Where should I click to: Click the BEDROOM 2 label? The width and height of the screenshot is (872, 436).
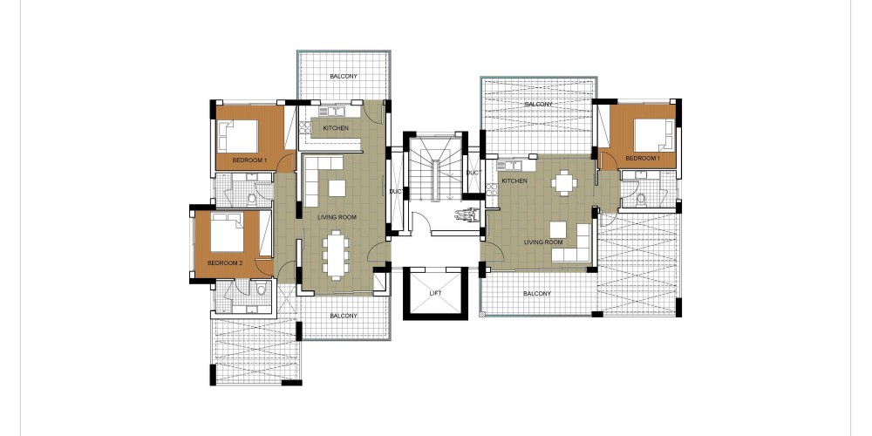click(225, 263)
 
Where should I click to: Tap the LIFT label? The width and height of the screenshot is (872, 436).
click(435, 293)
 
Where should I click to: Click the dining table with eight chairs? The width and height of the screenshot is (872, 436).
click(336, 255)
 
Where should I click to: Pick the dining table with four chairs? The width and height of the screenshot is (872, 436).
click(564, 182)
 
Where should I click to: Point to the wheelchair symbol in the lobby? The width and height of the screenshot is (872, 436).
click(466, 215)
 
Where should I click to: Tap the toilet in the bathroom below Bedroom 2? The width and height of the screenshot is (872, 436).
click(262, 290)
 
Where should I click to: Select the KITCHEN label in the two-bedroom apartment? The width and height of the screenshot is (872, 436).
click(336, 128)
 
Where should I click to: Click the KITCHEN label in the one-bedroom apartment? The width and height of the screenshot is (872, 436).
click(514, 181)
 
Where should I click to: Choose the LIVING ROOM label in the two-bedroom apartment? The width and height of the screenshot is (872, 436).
click(337, 217)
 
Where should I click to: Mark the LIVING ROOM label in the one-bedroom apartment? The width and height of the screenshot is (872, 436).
click(543, 242)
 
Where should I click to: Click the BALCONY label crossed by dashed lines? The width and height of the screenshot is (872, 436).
click(538, 105)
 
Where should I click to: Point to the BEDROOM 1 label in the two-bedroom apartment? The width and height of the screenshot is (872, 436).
click(249, 160)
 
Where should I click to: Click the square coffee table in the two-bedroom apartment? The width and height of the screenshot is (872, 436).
click(337, 188)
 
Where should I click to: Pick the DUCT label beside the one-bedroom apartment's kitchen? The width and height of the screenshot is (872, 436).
click(472, 174)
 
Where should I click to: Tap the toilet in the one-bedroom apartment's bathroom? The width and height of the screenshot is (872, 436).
click(641, 198)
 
